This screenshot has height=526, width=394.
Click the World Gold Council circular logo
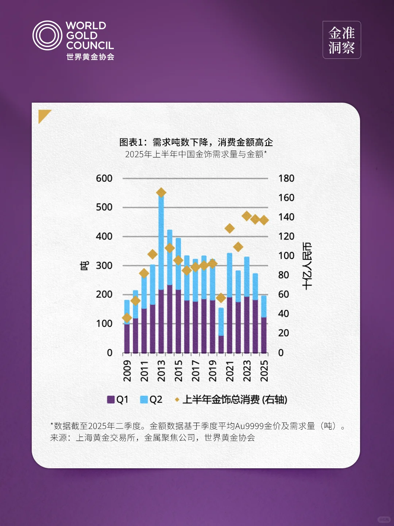tap(47, 35)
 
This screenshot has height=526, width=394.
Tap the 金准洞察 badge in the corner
tap(341, 40)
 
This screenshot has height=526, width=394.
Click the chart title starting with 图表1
tap(196, 142)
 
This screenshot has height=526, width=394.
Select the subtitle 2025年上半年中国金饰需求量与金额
tap(196, 154)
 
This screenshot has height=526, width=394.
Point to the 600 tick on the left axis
tap(104, 178)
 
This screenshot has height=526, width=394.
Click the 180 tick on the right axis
tap(286, 178)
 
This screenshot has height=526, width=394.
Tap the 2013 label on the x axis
tap(161, 370)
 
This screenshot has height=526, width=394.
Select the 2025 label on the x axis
tap(264, 370)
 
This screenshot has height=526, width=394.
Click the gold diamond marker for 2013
tap(161, 193)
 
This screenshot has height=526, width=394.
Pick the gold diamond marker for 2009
tap(127, 318)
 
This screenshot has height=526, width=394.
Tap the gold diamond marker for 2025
tap(264, 220)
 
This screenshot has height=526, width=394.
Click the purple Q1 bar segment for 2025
tap(264, 335)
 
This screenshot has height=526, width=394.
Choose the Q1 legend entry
tap(117, 400)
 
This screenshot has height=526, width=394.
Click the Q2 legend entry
tap(151, 400)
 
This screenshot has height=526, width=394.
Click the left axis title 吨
tap(84, 266)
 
